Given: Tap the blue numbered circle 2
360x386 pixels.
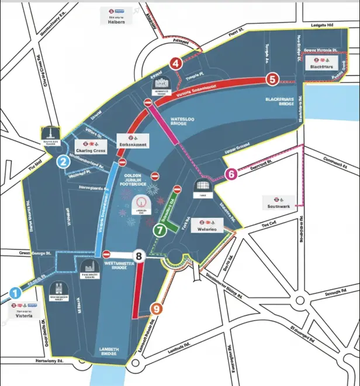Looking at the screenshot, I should tap(62, 163).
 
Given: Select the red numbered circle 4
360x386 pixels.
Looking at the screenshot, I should tap(175, 64).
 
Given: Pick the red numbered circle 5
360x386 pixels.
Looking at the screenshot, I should tap(272, 79).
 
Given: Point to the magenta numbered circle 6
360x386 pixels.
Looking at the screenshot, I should tap(231, 174).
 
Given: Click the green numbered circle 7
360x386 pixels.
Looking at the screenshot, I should tap(160, 230).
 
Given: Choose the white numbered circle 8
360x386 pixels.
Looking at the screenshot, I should tap(139, 255).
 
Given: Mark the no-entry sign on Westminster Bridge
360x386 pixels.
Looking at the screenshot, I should tap(106, 254).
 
